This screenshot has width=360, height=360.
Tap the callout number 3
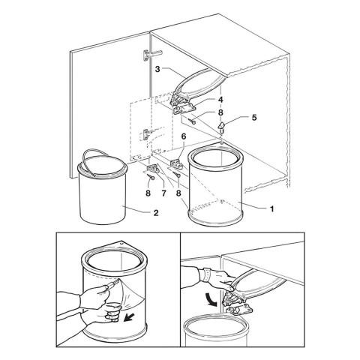[x=159, y=70]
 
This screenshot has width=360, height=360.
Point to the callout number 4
[x=220, y=98]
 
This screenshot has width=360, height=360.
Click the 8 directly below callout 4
[x=220, y=113]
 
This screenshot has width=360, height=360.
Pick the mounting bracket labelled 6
[x=178, y=165]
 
